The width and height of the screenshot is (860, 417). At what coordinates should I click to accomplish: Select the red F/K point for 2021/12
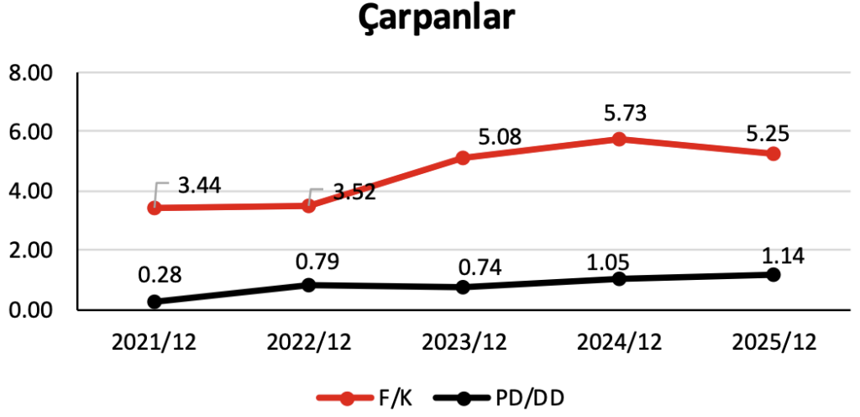155,207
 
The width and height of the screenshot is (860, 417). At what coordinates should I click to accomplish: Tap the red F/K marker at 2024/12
619,139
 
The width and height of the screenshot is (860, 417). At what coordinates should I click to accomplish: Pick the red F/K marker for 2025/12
773,153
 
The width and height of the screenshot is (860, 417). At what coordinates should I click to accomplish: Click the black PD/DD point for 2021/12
155,301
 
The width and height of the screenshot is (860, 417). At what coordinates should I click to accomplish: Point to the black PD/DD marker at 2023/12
464,287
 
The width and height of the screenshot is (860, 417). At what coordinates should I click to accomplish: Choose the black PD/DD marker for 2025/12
773,275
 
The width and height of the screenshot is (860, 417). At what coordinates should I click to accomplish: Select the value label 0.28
160,275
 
